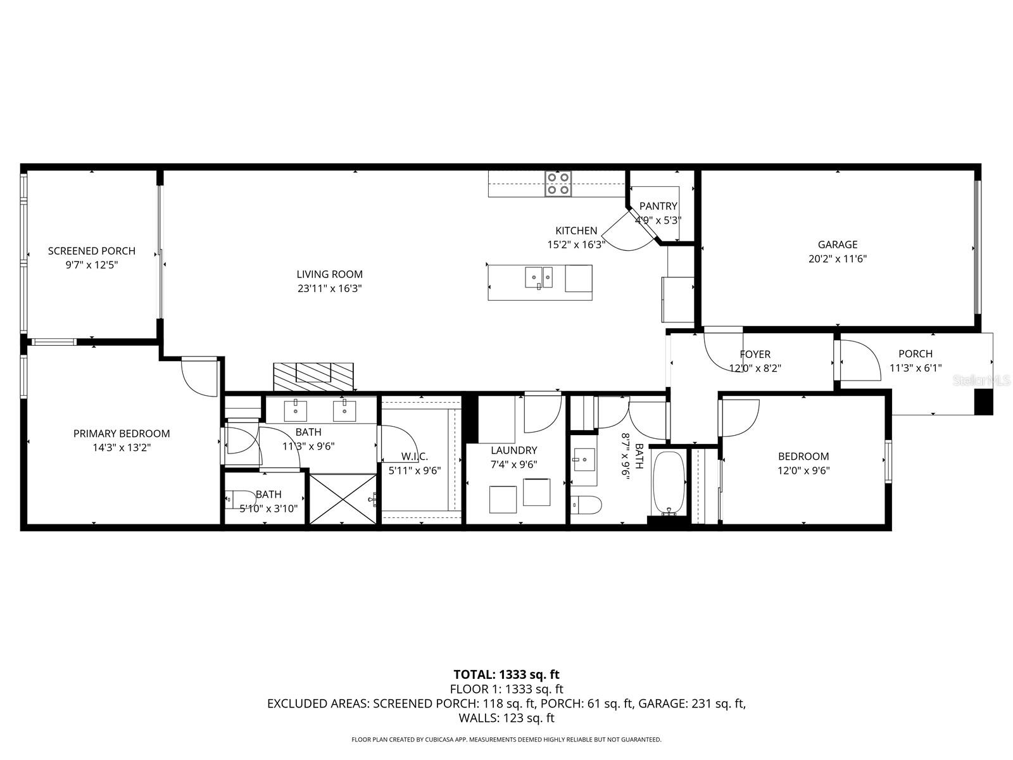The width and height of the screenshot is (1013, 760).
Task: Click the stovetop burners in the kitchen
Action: click(x=558, y=184)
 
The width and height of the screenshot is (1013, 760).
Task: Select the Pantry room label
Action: click(x=658, y=206)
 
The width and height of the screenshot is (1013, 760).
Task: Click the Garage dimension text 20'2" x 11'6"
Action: click(x=837, y=258)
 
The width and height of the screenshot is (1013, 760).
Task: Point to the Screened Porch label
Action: click(x=92, y=251)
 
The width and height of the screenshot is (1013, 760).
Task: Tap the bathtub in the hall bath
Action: click(x=668, y=483)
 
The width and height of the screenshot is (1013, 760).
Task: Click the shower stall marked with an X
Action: click(x=343, y=499)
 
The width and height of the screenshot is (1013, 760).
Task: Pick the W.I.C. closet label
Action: click(x=415, y=456)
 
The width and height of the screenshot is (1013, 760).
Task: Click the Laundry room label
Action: click(x=513, y=450)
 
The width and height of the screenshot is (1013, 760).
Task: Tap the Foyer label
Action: click(x=755, y=354)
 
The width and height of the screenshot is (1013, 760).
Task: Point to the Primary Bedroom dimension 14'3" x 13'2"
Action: click(x=122, y=447)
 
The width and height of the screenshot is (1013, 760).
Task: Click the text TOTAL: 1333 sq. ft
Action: click(x=506, y=674)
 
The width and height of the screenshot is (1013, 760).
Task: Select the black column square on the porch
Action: click(x=983, y=402)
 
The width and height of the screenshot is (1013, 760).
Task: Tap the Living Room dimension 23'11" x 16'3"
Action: click(x=329, y=288)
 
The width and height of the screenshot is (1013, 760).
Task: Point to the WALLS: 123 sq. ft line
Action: click(x=506, y=718)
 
